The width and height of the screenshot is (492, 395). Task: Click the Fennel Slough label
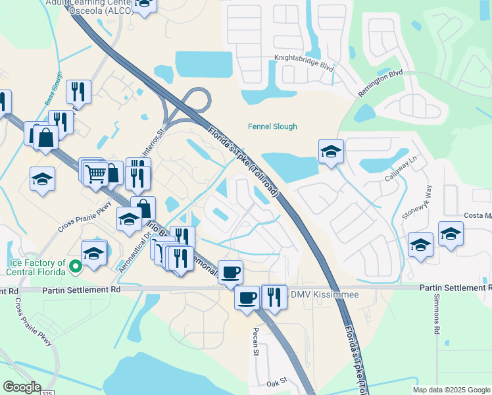point(272,126)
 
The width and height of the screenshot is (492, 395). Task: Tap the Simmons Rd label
point(436,313)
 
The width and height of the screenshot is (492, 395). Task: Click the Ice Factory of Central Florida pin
point(76,267)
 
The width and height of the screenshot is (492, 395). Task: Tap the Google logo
point(22,386)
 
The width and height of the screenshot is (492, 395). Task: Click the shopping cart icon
point(95,174)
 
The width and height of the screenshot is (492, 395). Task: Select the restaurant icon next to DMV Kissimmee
point(274,296)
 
